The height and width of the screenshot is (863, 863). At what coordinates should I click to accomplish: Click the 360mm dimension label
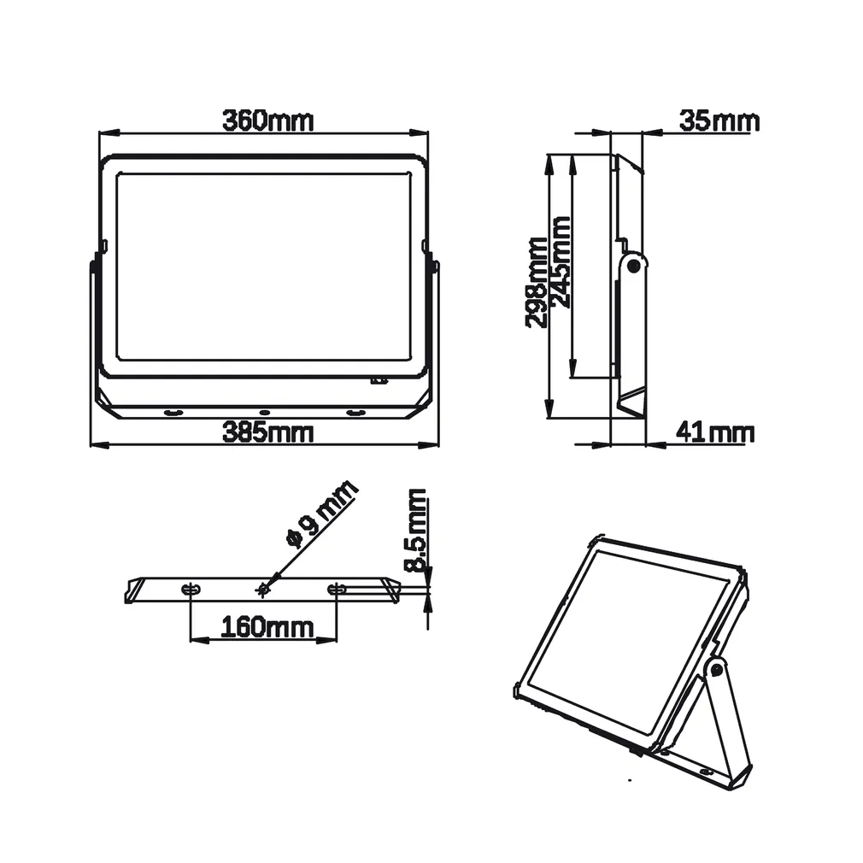point(267,120)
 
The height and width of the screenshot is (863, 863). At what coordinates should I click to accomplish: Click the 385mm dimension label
point(267,432)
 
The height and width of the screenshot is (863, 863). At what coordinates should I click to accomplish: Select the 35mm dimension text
point(719,121)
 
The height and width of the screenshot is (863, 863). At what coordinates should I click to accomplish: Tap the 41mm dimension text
point(714,432)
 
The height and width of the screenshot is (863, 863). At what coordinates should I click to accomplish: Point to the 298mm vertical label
point(536,283)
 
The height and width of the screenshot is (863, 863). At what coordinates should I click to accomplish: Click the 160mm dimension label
point(267,628)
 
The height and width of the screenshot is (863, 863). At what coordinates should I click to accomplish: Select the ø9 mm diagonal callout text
point(321,514)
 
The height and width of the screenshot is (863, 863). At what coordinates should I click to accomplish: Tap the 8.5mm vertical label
point(416,530)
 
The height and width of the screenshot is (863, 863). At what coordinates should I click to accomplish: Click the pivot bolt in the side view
point(633,266)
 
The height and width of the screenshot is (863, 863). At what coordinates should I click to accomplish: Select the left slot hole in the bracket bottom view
point(190,589)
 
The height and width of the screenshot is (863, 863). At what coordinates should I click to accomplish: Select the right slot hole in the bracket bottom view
point(337,589)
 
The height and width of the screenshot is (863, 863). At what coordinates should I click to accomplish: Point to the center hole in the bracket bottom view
point(263,589)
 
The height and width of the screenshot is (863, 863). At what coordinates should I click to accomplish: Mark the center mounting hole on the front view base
point(264,413)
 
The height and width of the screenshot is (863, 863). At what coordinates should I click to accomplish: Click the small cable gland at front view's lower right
point(378,381)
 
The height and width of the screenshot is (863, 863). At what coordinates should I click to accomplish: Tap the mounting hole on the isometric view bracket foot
point(706,772)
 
